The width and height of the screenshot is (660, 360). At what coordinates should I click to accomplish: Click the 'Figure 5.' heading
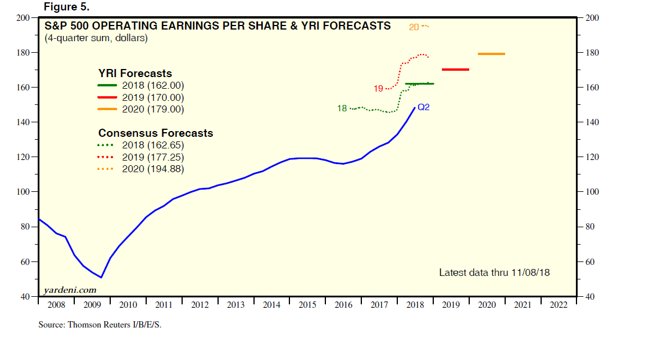coord(66,6)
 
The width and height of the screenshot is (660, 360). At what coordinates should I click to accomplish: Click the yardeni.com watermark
coord(70,290)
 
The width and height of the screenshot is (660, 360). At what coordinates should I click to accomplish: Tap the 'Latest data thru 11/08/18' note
coord(494,272)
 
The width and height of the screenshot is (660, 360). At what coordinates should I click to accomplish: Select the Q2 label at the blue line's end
coord(423,107)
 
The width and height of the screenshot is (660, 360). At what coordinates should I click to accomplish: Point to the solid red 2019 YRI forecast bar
coord(455,70)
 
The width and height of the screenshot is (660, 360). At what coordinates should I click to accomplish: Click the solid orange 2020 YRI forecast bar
coord(491,54)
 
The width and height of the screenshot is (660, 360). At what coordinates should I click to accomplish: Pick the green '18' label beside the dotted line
coord(342,108)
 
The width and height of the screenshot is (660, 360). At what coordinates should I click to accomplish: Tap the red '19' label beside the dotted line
coord(378,89)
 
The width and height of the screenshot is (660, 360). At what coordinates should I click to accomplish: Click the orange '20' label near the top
coord(414,27)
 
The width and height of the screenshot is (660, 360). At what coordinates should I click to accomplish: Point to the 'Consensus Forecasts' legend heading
coord(155,133)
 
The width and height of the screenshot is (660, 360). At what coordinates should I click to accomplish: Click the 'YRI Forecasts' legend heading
coord(135,74)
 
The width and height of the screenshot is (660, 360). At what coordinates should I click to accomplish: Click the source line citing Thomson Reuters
coord(100,325)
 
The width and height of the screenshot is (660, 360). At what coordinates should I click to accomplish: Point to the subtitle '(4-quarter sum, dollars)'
coord(96,38)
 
